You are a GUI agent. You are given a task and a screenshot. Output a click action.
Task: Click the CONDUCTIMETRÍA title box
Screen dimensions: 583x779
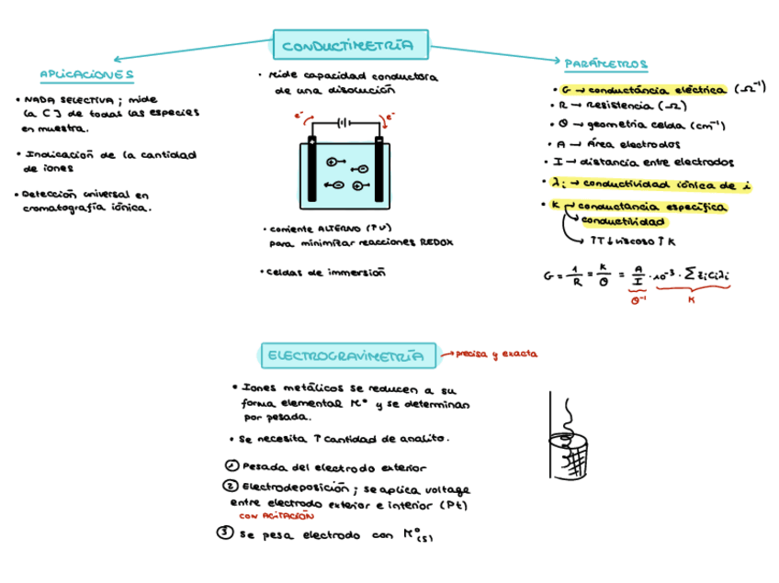pos(352,44)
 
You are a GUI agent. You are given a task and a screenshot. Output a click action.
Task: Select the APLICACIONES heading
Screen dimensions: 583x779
pos(87,74)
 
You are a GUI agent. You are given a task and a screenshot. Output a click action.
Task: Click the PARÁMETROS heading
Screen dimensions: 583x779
pos(605,64)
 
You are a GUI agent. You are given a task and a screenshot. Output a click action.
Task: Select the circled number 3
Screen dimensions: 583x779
pos(223,533)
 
